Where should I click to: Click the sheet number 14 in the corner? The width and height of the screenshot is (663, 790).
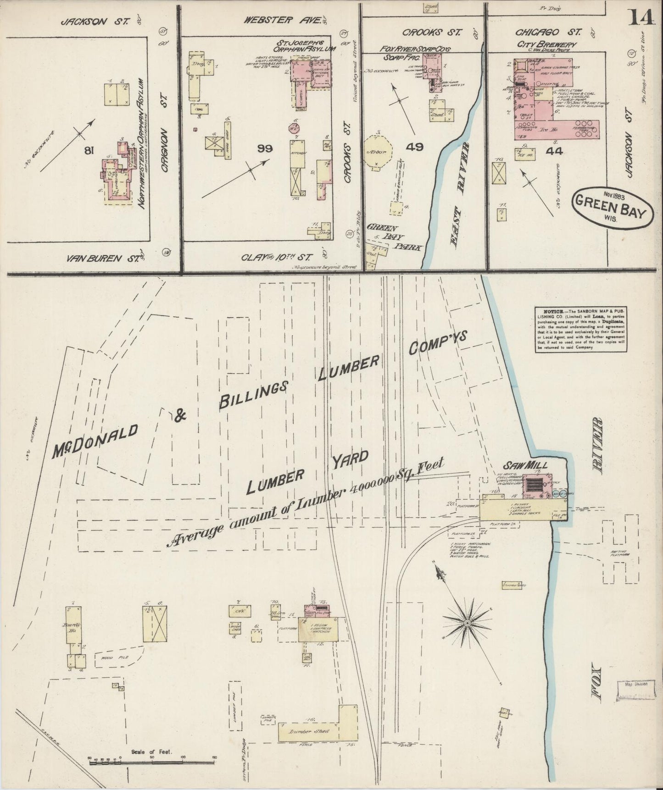[641, 18]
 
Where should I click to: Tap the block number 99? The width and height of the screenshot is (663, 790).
[266, 149]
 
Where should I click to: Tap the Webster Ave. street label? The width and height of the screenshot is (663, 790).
[281, 20]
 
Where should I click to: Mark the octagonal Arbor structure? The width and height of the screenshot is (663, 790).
[379, 152]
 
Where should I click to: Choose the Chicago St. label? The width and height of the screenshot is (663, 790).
[548, 32]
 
